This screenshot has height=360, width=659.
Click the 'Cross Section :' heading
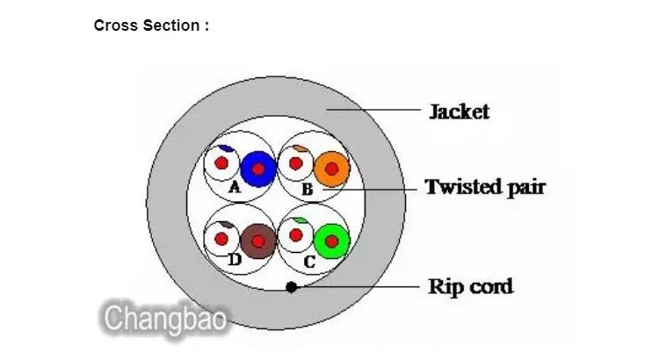151,26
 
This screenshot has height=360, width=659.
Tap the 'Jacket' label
459,112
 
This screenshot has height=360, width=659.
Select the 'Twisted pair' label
485,187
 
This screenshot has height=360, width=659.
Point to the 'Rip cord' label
470,286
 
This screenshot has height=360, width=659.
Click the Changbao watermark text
165,319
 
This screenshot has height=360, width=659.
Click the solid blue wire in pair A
257,166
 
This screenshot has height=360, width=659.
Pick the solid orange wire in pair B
331,166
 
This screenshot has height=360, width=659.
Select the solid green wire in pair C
331,237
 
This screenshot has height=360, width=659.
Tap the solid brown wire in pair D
257,237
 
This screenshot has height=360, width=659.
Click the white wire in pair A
221,163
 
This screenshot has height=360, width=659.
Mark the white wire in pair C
298,236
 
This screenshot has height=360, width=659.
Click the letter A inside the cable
234,187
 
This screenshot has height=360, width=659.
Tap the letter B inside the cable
307,189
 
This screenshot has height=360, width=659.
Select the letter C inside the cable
308,261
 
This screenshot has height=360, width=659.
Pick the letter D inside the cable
234,260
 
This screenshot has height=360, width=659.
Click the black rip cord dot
292,286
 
